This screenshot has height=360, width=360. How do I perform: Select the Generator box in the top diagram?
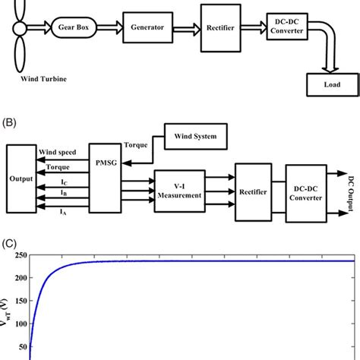click(x=147, y=26)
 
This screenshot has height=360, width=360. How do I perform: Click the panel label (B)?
click(x=11, y=119)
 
